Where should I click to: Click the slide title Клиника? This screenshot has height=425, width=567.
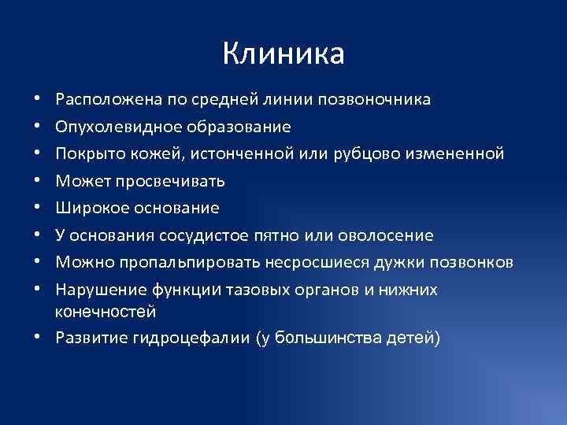point(283,54)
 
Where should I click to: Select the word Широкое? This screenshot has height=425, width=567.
point(87,209)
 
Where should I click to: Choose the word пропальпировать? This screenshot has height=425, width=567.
point(179,262)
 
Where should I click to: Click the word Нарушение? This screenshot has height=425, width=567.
point(95,290)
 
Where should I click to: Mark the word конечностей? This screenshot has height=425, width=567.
point(105,312)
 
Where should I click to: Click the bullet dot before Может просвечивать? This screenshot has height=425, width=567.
point(38,182)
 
